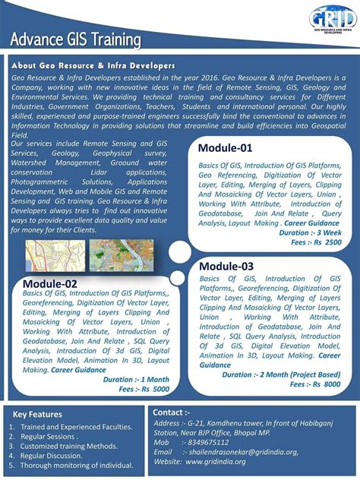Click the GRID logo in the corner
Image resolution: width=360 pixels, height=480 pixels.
tap(333, 20)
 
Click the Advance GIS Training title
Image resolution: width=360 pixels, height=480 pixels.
tap(75, 39)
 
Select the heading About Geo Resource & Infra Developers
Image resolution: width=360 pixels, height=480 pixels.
tap(93, 67)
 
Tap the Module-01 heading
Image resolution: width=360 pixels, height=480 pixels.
tap(225, 147)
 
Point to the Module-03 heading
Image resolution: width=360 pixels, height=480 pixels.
tap(226, 267)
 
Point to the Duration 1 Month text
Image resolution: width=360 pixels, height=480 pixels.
tap(137, 379)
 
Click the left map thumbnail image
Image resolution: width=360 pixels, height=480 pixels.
tap(54, 257)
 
